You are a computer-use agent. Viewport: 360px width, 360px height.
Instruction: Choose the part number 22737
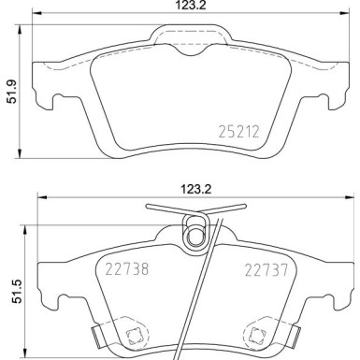(x=261, y=270)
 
